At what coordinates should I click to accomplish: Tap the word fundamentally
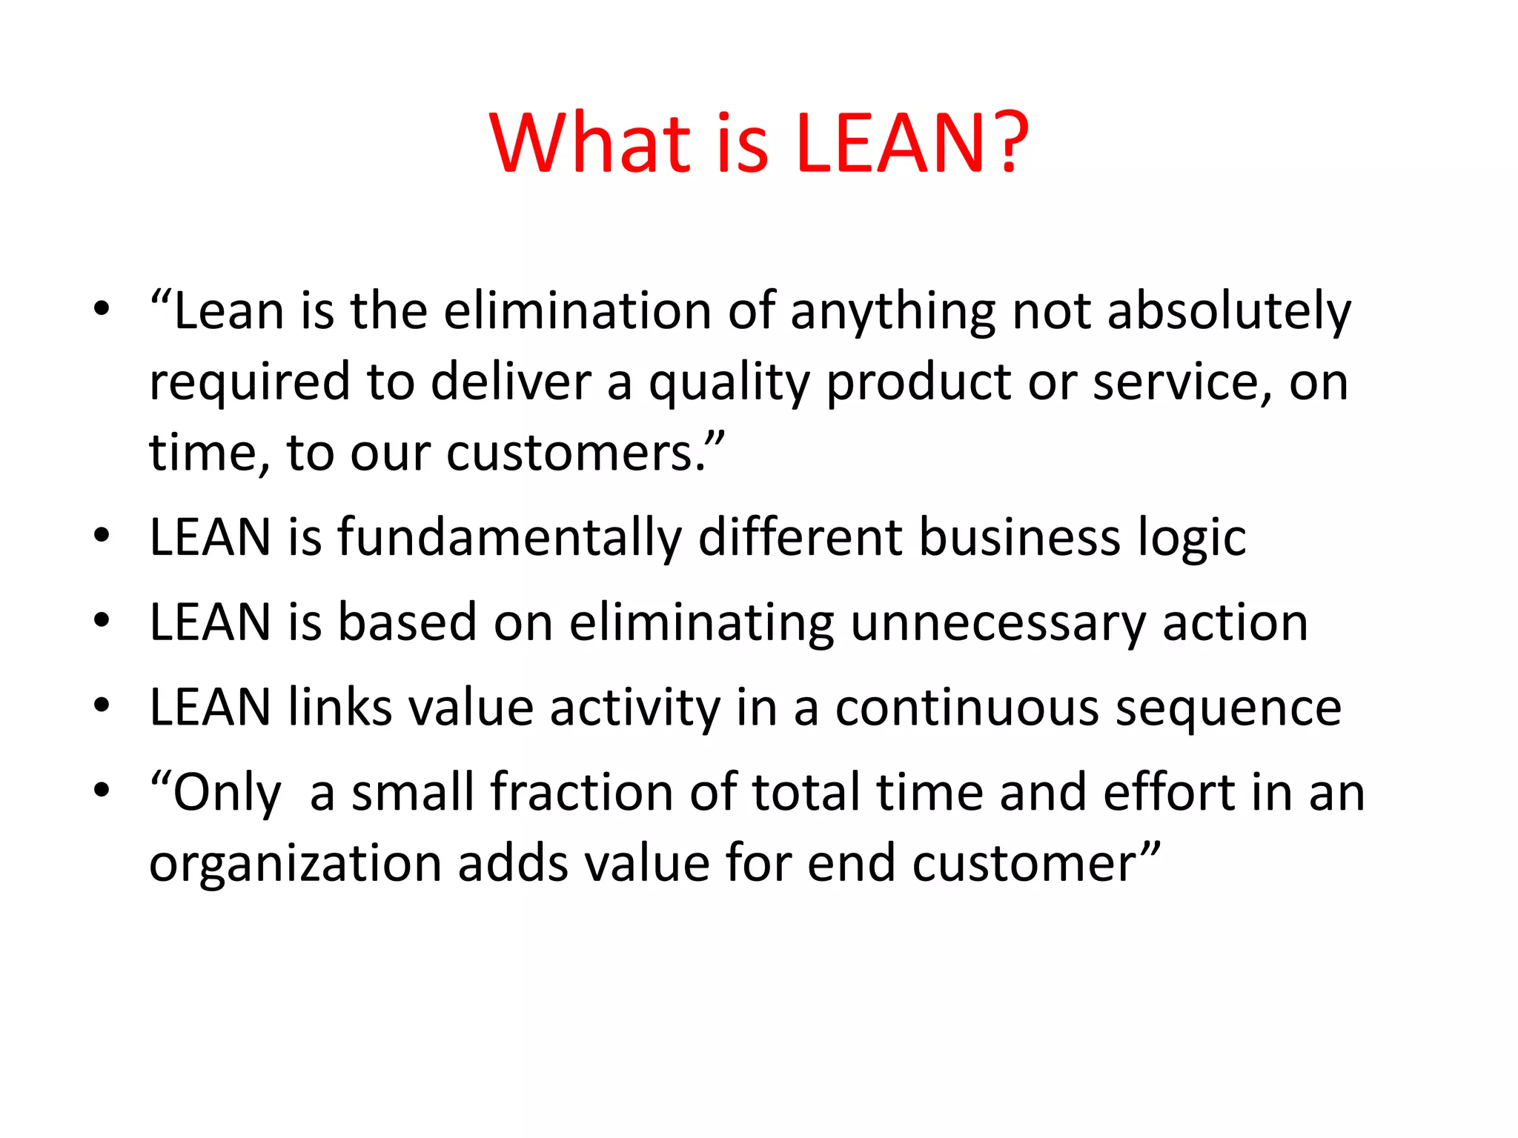[509, 537]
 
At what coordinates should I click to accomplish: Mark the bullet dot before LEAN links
[102, 705]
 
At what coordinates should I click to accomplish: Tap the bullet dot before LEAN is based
[102, 619]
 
